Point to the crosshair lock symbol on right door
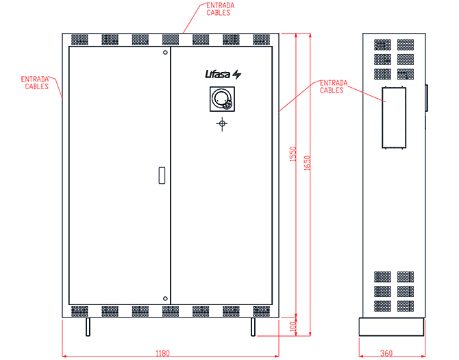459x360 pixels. pos(221,123)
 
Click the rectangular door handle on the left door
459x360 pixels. pos(161,176)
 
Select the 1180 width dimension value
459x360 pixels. pos(162,354)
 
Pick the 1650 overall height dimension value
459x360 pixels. pos(307,163)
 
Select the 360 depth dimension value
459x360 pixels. pos(386,354)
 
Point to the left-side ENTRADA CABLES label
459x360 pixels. pos(35,83)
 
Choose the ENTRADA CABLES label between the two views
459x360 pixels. pos(334,86)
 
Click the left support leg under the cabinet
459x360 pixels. pos(87,327)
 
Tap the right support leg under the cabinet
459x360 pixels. pos(253,327)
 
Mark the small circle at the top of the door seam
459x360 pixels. pos(165,53)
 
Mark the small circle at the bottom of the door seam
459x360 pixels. pos(165,298)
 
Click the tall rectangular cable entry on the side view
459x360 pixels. pos(394,117)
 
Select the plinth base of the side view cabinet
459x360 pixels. pos(391,326)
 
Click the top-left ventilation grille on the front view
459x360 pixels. pos(79,40)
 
